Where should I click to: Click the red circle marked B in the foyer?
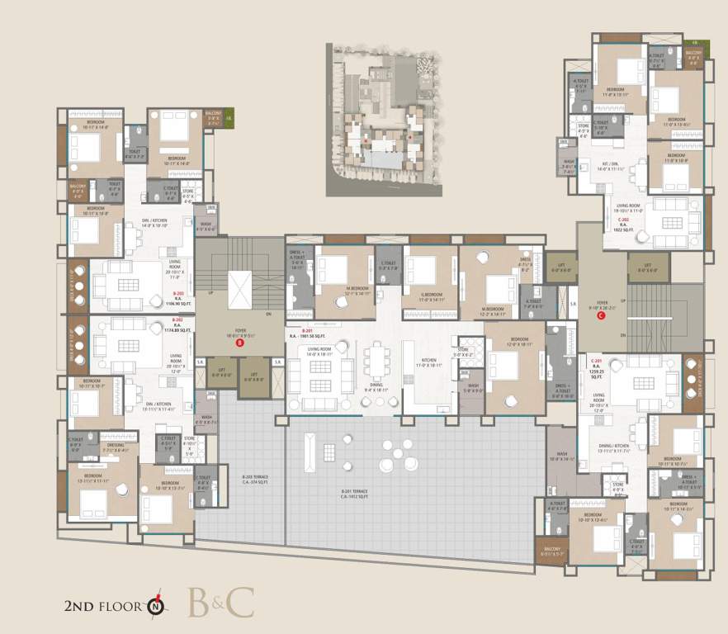coord(239,343)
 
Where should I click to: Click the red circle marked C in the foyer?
coord(600,315)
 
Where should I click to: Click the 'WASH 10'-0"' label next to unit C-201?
coord(562,457)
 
